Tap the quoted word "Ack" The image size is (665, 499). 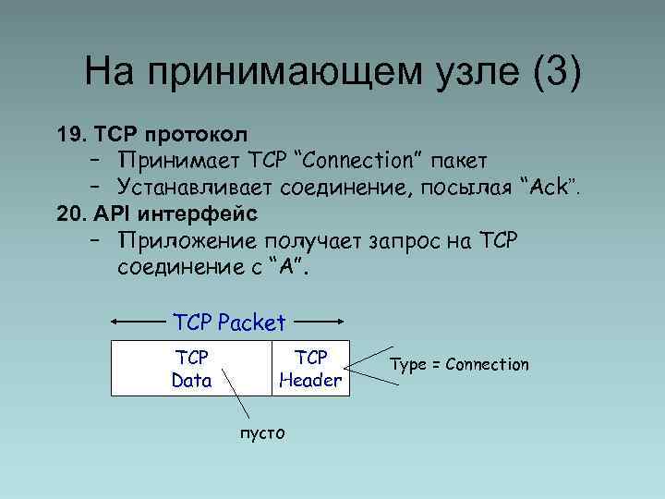(x=551, y=188)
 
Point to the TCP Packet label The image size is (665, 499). (x=229, y=322)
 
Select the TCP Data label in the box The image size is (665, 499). (x=191, y=368)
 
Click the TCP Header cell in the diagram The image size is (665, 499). (x=310, y=368)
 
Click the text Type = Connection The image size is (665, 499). (x=459, y=364)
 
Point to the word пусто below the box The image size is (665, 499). (x=263, y=432)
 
